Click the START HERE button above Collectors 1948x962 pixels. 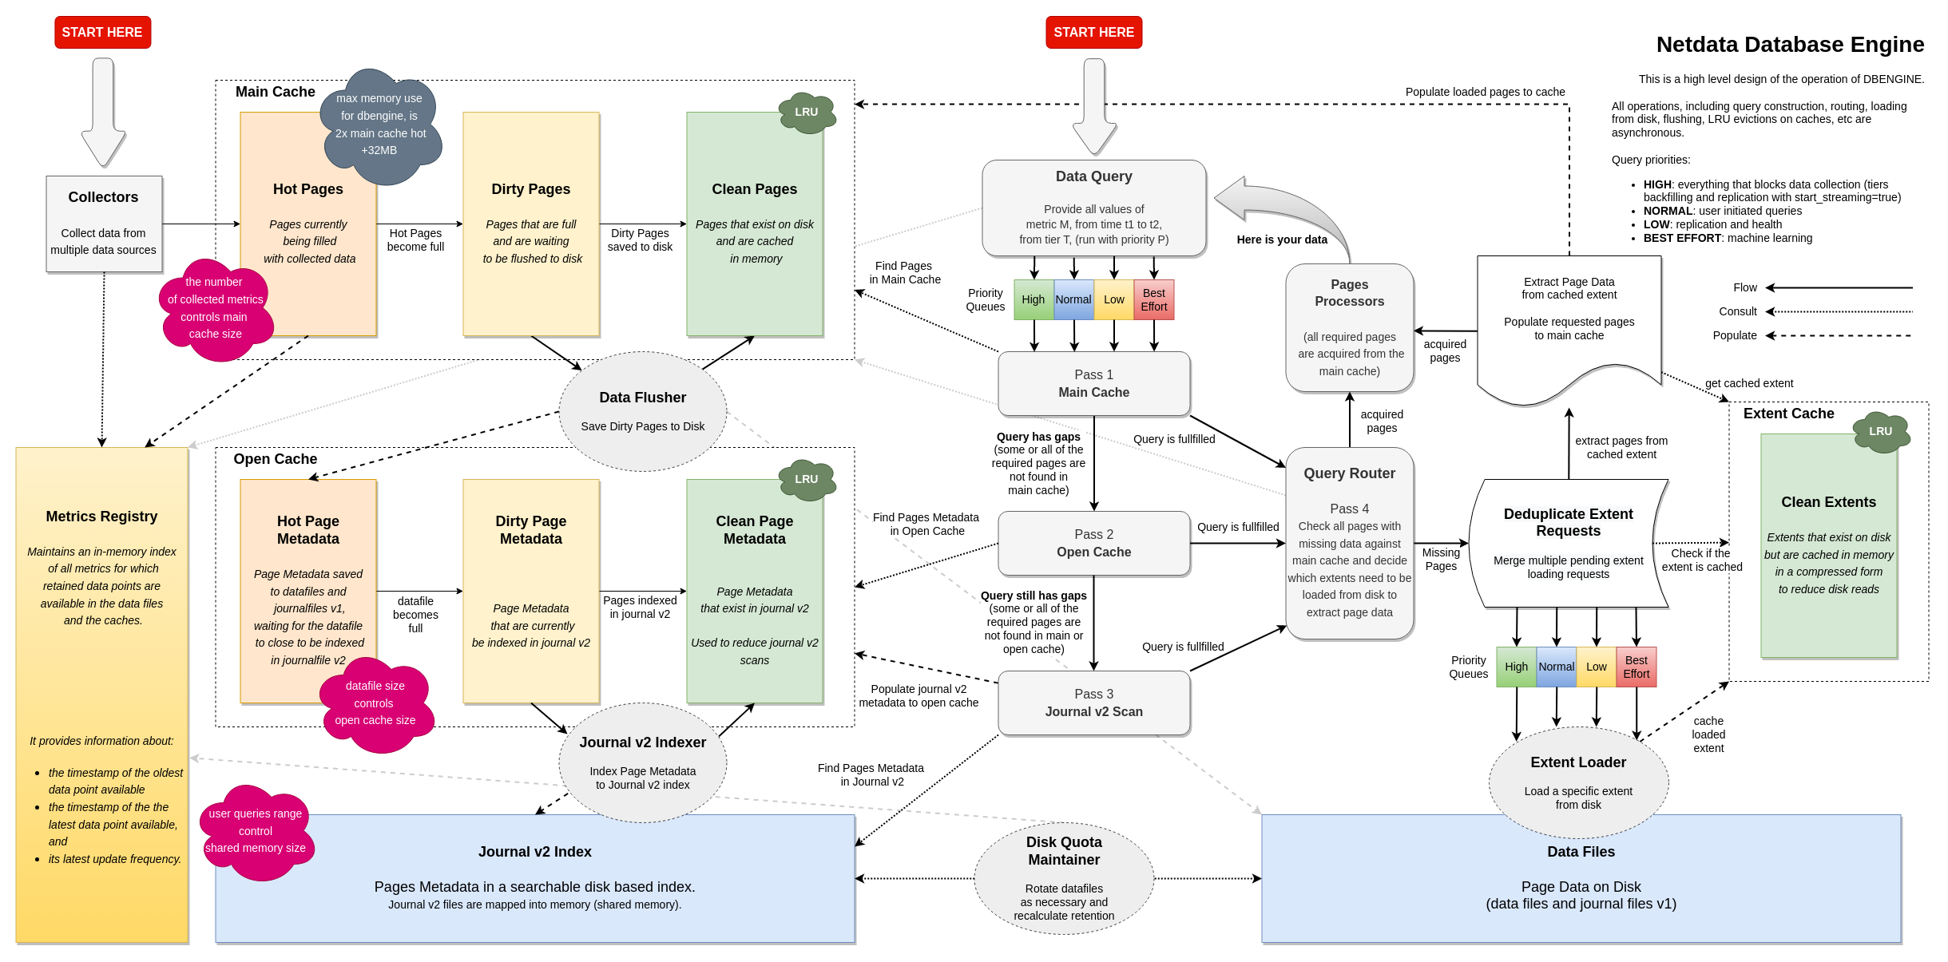point(102,32)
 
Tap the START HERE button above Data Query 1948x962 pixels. point(1093,32)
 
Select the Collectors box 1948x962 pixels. point(104,224)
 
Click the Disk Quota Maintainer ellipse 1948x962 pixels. point(1064,877)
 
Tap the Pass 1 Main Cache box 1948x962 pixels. point(1093,383)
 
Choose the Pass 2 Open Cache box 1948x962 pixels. point(1093,543)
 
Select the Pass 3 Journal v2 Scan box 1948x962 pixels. point(1093,703)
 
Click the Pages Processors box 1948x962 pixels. point(1349,327)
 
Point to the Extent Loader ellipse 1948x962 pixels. point(1578,782)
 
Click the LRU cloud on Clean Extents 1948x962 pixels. point(1880,431)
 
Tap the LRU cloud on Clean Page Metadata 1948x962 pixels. point(807,479)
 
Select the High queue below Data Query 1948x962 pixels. point(1033,299)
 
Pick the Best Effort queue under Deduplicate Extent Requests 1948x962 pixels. point(1636,667)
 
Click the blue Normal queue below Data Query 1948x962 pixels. point(1073,299)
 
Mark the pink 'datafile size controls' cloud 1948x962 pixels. point(375,703)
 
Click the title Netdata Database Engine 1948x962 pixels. point(1790,45)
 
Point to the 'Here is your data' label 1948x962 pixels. point(1282,240)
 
